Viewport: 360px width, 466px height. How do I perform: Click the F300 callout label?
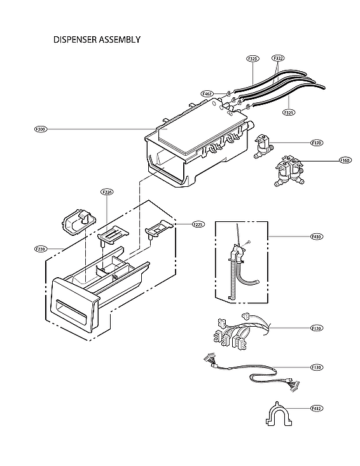[x=41, y=129]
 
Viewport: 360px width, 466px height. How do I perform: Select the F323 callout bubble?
[x=253, y=58]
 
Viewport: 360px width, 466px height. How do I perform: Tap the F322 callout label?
[x=278, y=58]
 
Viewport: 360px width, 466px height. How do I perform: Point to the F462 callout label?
[x=207, y=93]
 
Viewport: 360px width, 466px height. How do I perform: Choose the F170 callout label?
[x=316, y=143]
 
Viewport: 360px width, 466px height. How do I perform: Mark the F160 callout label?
[x=345, y=160]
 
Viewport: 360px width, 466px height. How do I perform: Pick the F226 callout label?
[x=107, y=191]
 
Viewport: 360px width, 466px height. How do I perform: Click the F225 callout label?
[x=181, y=224]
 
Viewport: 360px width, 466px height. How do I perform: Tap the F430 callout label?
[x=316, y=236]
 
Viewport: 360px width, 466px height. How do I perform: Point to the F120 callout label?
[x=316, y=328]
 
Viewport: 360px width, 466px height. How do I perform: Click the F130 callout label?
[x=316, y=367]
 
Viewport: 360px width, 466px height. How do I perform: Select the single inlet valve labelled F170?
[x=262, y=146]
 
